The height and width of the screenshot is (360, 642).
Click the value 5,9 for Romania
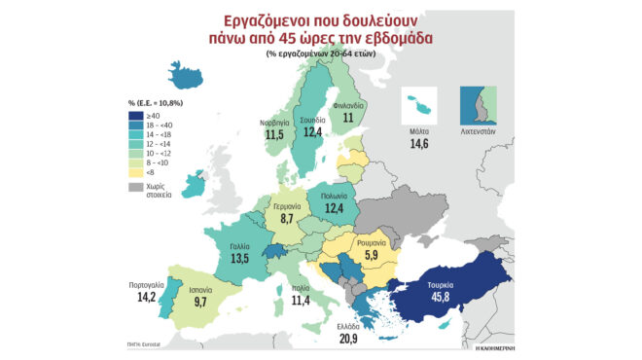click(371, 256)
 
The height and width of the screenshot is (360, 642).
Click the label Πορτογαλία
click(146, 286)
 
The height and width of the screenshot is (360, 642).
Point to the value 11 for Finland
click(347, 117)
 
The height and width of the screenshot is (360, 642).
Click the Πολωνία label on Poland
click(327, 194)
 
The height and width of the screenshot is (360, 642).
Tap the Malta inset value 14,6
click(420, 143)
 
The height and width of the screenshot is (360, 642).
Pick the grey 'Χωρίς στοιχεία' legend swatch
click(134, 184)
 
